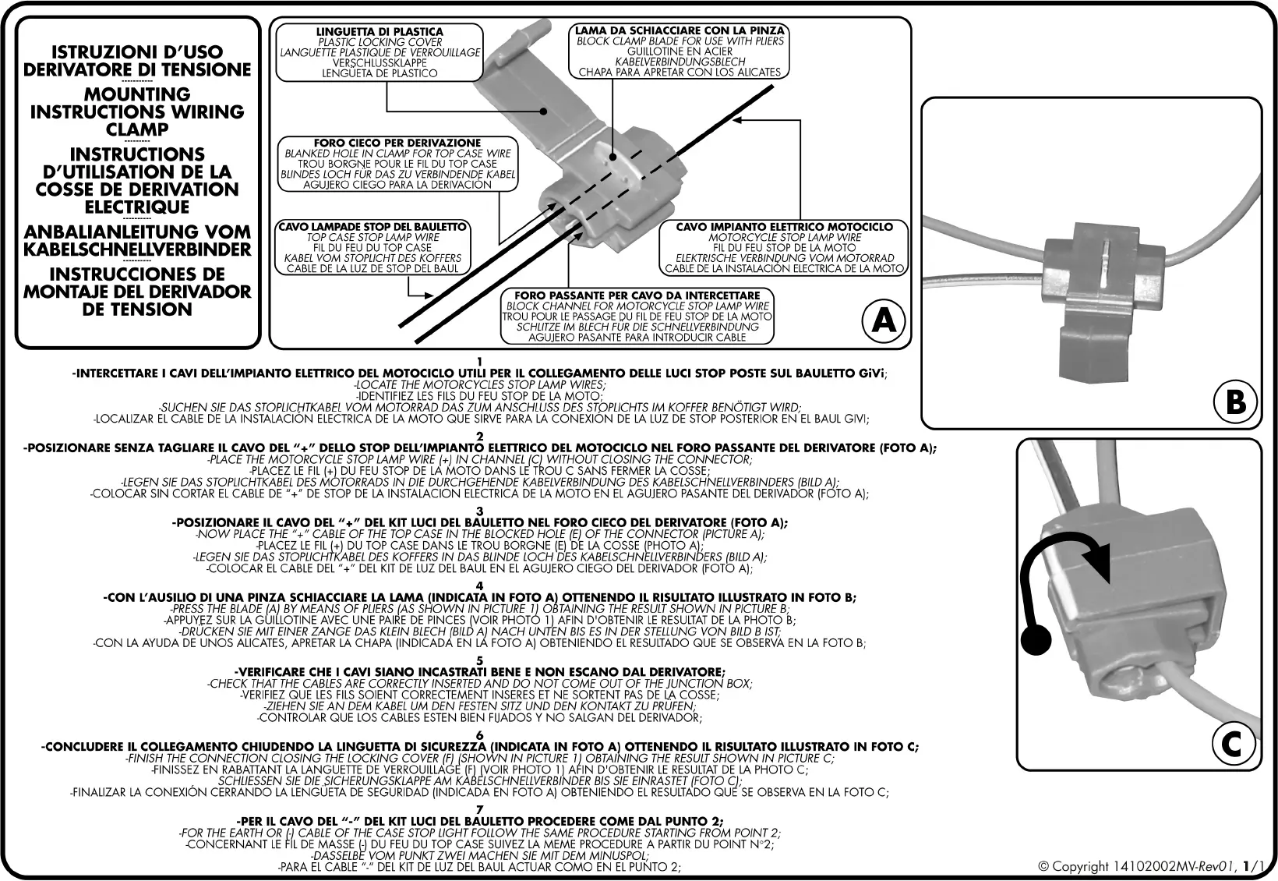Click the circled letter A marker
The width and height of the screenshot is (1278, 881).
pyautogui.click(x=884, y=320)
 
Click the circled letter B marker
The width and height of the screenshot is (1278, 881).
pyautogui.click(x=1235, y=402)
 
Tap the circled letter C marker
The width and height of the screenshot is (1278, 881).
pyautogui.click(x=1230, y=745)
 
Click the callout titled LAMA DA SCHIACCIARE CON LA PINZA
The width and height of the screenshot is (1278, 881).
pyautogui.click(x=678, y=51)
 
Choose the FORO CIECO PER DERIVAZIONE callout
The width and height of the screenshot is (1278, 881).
pyautogui.click(x=397, y=164)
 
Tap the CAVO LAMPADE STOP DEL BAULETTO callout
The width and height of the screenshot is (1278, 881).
pyautogui.click(x=373, y=248)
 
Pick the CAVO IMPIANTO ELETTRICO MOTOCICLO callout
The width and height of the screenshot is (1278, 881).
pyautogui.click(x=784, y=248)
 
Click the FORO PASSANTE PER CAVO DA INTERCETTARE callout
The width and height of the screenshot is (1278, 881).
pyautogui.click(x=636, y=317)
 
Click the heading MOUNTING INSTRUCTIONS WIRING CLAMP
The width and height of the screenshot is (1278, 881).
pyautogui.click(x=137, y=112)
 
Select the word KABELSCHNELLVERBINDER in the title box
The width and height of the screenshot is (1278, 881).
pyautogui.click(x=137, y=249)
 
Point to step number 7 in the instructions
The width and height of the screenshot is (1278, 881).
pyautogui.click(x=479, y=809)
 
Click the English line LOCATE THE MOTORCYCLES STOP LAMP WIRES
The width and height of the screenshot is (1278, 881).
pyautogui.click(x=479, y=384)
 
